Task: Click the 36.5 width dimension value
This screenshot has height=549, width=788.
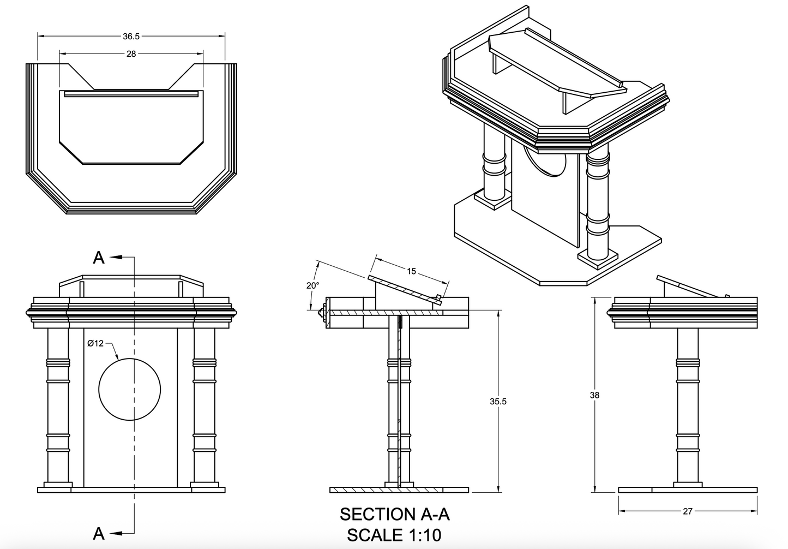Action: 131,37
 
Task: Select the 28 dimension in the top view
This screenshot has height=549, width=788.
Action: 131,54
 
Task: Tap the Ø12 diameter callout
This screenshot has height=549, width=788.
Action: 95,343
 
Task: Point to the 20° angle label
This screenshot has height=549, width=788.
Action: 312,285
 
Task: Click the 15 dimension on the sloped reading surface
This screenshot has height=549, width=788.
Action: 411,271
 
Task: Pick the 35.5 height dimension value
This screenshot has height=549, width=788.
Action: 498,402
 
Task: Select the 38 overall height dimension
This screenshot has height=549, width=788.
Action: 594,395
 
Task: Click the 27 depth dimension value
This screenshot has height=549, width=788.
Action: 688,511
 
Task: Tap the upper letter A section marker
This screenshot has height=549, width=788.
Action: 99,257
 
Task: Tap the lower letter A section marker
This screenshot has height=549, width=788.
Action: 99,533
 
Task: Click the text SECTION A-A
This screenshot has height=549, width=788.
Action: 394,514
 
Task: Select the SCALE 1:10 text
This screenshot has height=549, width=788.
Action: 394,535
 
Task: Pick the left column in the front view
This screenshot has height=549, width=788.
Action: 58,404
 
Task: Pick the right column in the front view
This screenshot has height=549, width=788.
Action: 204,404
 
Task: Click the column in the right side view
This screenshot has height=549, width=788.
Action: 687,404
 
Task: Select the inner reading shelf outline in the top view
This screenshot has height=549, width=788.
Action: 131,128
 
